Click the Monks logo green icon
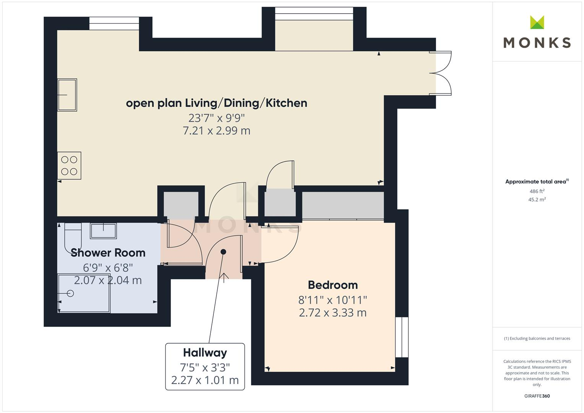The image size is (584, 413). pos(537,22)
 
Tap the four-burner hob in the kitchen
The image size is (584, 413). pos(69,166)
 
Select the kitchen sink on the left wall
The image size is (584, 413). pos(67,95)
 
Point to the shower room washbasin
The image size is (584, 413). pos(103,231)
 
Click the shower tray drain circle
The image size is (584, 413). pos(70,293)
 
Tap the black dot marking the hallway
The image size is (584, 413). pos(223,252)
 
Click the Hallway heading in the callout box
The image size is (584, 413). pos(205,353)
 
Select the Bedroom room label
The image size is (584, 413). pos(333,285)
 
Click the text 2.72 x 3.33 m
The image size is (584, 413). pos(333,313)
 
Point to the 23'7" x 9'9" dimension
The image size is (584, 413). pos(216,117)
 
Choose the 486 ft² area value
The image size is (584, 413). pos(537,191)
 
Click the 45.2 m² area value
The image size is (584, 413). pos(537,200)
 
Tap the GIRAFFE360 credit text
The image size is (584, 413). pos(537,396)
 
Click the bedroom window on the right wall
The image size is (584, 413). pos(402,337)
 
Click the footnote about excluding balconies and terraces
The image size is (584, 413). pos(537,338)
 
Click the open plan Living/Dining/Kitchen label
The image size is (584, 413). pos(216,103)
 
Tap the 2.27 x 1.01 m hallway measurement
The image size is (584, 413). pos(205,380)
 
